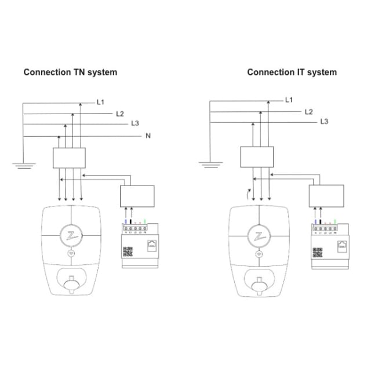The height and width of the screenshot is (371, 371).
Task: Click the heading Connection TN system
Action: pyautogui.click(x=70, y=72)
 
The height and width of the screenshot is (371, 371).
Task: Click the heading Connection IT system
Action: pyautogui.click(x=292, y=72)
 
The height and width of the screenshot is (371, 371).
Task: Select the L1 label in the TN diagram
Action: pyautogui.click(x=100, y=102)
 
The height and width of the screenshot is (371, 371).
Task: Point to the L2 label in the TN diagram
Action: pyautogui.click(x=120, y=114)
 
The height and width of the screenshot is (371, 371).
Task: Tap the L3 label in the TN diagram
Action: pyautogui.click(x=135, y=123)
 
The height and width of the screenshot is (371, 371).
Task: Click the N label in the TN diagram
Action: pyautogui.click(x=148, y=136)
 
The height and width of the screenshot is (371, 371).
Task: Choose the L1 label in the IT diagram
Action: pyautogui.click(x=289, y=100)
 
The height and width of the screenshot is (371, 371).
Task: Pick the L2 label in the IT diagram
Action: pyautogui.click(x=309, y=111)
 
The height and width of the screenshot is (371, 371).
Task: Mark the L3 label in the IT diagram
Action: pyautogui.click(x=325, y=122)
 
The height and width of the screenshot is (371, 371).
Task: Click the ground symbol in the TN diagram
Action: pyautogui.click(x=23, y=166)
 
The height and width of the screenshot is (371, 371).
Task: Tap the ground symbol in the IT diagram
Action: pyautogui.click(x=210, y=165)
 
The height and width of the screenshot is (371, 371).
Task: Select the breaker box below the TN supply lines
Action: pyautogui.click(x=69, y=157)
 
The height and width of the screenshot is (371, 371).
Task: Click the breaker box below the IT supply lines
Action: pyautogui.click(x=256, y=157)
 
